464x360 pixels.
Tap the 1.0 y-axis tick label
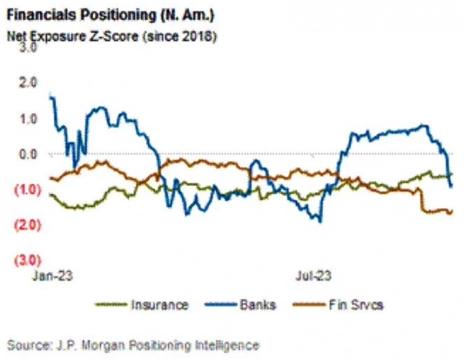29,118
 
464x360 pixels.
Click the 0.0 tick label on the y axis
29,154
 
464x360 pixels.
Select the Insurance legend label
159,304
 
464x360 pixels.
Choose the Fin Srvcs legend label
357,304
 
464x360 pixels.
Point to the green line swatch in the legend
110,304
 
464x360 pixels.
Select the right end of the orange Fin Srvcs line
452,211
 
